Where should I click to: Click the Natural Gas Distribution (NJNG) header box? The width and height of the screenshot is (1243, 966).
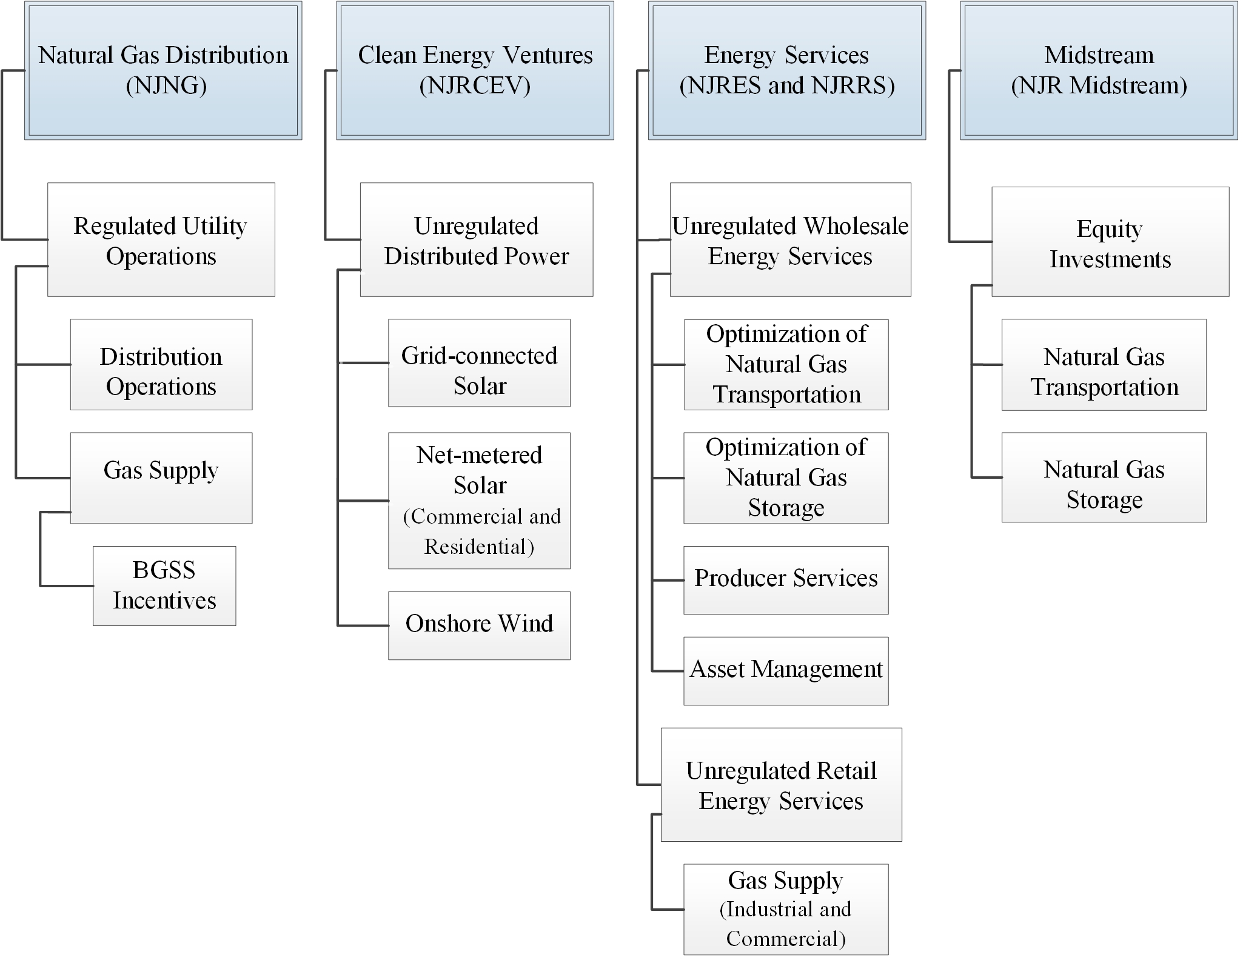163,71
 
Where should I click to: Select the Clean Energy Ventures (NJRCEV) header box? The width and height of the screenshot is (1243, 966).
475,71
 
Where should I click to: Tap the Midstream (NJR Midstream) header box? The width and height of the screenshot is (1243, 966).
1099,71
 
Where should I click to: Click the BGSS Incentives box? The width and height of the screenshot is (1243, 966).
164,585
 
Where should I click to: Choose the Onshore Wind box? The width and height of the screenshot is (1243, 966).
479,625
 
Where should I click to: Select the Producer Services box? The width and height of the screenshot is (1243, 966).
786,580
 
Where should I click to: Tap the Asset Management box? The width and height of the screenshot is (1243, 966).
786,670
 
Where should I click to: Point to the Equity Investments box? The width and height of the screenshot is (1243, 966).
1110,242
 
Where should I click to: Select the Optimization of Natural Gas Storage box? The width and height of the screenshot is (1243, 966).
786,478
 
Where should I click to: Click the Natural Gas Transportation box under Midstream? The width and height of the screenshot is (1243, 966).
1104,365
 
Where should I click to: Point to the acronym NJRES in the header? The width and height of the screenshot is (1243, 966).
725,86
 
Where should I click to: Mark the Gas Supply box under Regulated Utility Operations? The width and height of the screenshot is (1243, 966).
161,478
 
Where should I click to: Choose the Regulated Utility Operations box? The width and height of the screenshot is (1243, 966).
161,239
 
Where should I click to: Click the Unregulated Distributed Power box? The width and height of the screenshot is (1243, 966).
477,239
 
